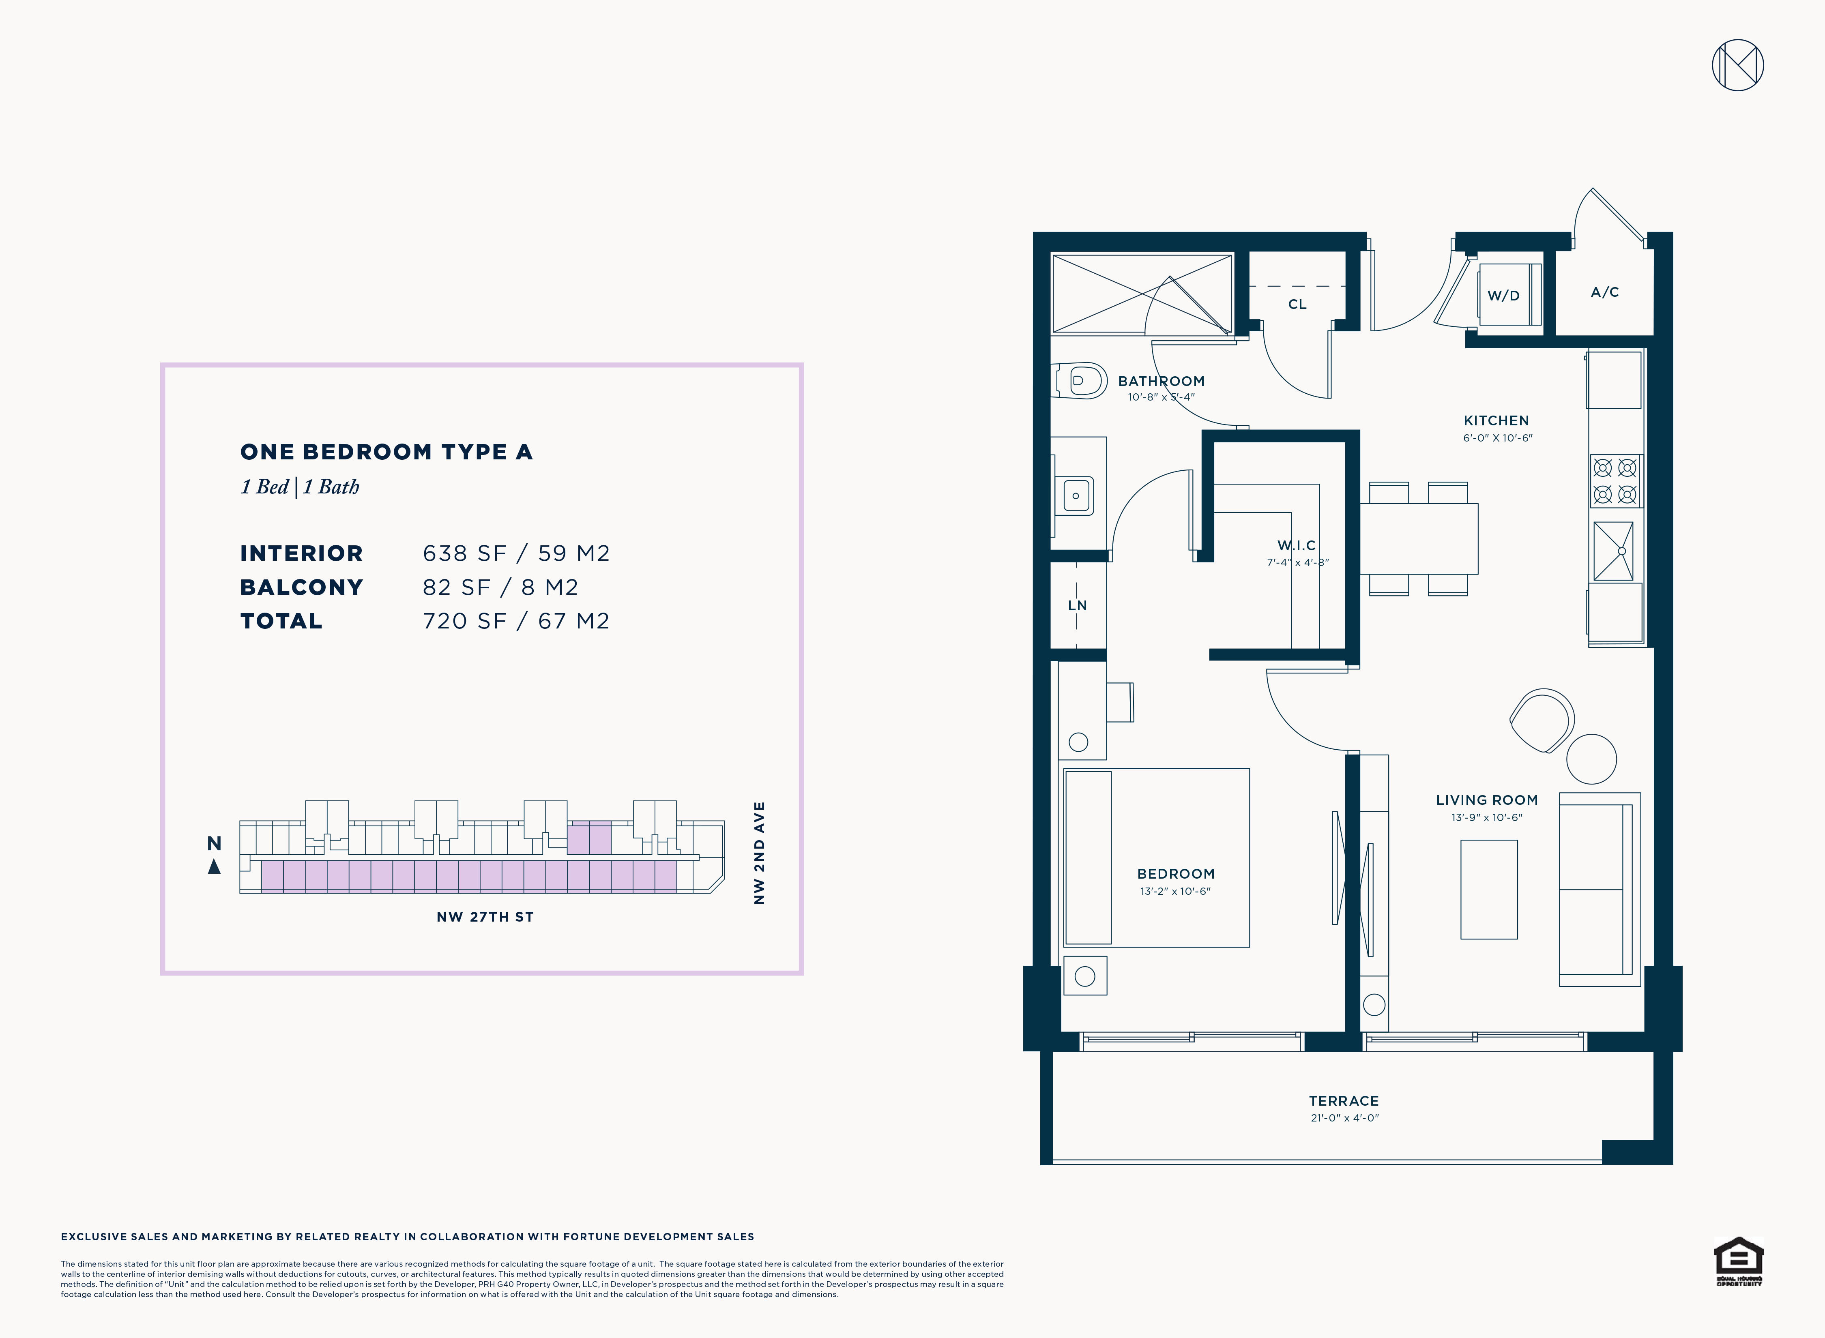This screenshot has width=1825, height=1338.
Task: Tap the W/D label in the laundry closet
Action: click(1503, 296)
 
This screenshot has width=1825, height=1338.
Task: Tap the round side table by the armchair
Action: click(1591, 759)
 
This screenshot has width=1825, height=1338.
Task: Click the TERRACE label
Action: click(1344, 1101)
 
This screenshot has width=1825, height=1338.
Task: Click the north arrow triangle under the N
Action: click(214, 866)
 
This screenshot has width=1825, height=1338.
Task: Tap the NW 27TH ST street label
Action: click(485, 917)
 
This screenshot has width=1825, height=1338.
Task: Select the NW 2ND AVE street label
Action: click(759, 853)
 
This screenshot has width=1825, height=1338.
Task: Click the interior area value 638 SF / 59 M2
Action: click(516, 553)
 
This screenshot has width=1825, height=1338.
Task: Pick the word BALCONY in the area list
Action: click(301, 587)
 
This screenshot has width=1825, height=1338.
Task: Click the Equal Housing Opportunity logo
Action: click(1738, 1261)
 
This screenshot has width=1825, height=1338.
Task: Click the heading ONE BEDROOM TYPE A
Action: click(386, 452)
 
